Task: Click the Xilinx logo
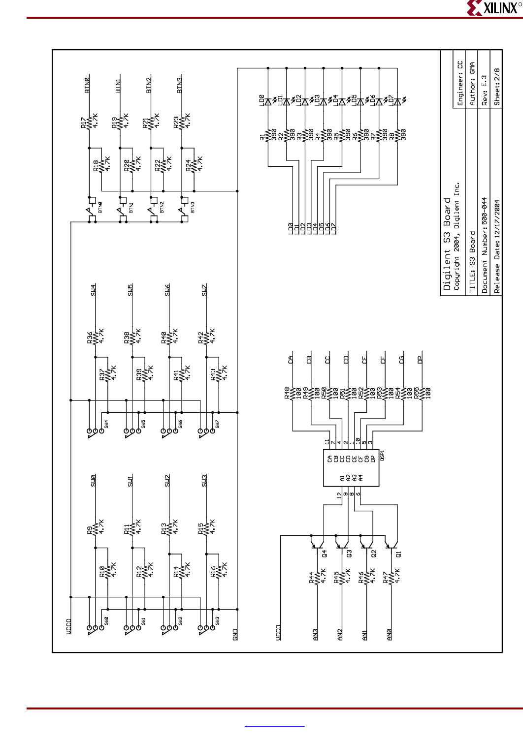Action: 493,8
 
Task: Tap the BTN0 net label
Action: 87,85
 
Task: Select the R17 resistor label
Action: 83,123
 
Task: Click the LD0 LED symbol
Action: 268,102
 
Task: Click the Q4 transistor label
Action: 324,553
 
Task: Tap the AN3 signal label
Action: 315,634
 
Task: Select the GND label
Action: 235,634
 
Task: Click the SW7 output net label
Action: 204,290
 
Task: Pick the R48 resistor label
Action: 287,393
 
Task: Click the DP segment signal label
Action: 420,359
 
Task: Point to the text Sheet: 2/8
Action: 497,87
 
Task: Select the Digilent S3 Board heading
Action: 447,244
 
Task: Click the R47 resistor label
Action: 386,577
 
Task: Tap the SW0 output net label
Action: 93,480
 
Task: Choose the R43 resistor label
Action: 213,374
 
